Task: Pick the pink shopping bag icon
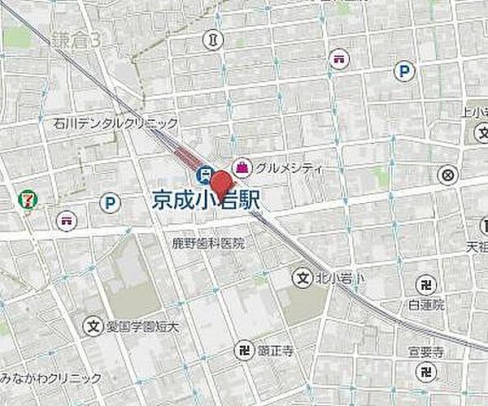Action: click(242, 167)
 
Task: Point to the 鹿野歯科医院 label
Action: click(209, 243)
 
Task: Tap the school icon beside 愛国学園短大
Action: click(94, 327)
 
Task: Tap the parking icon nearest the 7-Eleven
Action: click(109, 203)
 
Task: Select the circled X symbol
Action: click(447, 175)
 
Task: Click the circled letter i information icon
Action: click(213, 38)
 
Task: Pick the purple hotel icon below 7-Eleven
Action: click(65, 219)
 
